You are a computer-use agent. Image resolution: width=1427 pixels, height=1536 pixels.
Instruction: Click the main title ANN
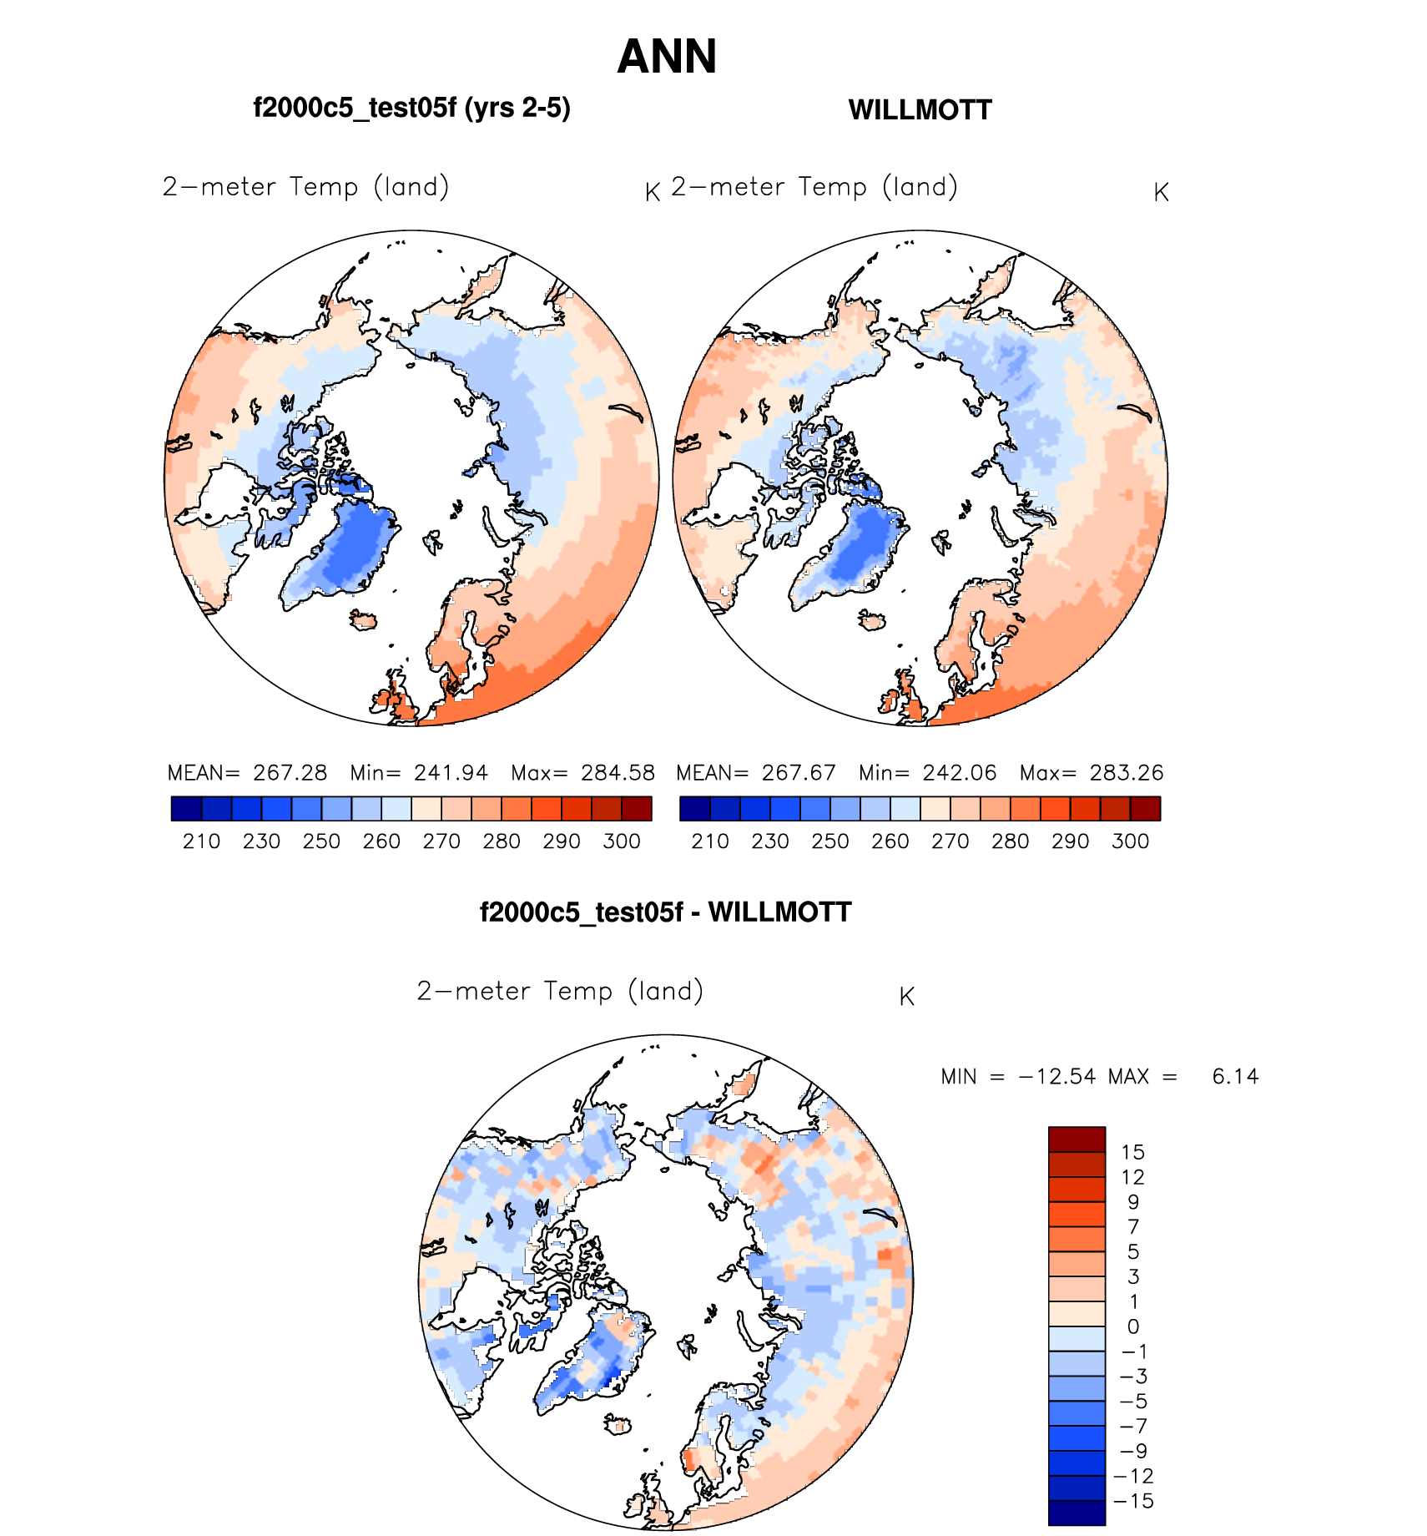pos(667,57)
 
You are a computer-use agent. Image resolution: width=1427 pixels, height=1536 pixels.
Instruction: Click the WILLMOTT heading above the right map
pos(920,110)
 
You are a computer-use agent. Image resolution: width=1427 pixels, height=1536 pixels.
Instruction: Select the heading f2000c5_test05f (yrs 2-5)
pos(411,109)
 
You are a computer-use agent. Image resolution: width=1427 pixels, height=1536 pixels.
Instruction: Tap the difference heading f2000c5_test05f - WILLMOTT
pos(665,912)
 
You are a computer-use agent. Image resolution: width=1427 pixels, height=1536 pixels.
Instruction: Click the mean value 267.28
pos(290,773)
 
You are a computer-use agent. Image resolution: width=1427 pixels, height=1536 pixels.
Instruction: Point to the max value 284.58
pos(618,773)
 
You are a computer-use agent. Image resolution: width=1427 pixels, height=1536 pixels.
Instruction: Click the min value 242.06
pos(960,773)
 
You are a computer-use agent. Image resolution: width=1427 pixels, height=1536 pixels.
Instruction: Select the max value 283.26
pos(1126,773)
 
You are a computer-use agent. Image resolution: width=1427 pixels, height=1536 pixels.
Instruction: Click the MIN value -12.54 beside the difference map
pos(1057,1077)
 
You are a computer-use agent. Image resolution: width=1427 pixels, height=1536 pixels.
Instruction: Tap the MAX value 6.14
pos(1235,1077)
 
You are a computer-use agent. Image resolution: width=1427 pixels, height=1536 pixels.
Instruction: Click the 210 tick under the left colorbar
pos(201,841)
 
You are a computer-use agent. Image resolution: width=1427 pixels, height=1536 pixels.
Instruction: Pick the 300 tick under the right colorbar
pos(1130,841)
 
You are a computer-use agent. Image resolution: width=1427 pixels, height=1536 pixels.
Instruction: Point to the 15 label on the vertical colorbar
pos(1132,1153)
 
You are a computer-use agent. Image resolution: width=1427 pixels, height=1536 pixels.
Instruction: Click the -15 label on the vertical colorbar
pos(1133,1501)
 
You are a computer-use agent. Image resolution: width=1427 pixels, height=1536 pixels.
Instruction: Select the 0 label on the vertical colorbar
pos(1132,1326)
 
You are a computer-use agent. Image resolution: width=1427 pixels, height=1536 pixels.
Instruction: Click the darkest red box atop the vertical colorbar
pos(1077,1139)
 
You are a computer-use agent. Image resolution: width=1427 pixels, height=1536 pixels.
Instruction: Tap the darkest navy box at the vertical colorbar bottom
pos(1077,1513)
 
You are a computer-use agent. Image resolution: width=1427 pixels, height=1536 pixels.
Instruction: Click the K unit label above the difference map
pos(907,997)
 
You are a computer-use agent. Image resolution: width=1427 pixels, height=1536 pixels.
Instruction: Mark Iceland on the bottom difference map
pos(618,1425)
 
